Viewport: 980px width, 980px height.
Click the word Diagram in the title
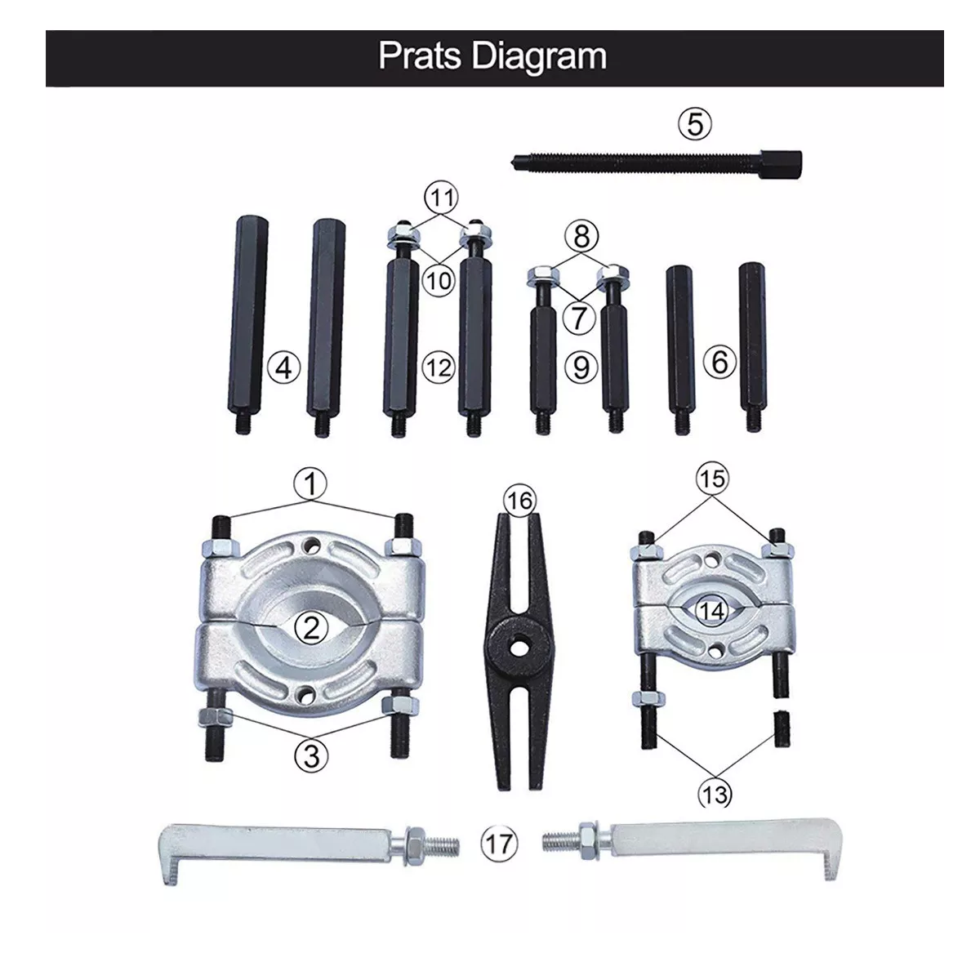pyautogui.click(x=539, y=57)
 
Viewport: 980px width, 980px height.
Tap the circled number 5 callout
pyautogui.click(x=695, y=125)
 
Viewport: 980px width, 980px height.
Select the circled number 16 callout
pyautogui.click(x=519, y=501)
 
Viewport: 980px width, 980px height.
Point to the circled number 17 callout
pyautogui.click(x=499, y=844)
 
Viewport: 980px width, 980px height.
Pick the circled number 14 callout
pyautogui.click(x=712, y=611)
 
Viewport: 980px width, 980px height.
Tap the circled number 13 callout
pyautogui.click(x=715, y=794)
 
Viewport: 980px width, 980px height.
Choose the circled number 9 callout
pyautogui.click(x=581, y=367)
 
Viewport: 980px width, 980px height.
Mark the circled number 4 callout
pyautogui.click(x=283, y=367)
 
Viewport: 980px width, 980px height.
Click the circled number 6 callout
pyautogui.click(x=719, y=362)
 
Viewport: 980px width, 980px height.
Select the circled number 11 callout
pyautogui.click(x=442, y=198)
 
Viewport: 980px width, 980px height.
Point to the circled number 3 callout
pyautogui.click(x=311, y=755)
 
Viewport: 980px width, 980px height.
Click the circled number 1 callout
pyautogui.click(x=310, y=483)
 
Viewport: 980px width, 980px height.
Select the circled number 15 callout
pyautogui.click(x=712, y=478)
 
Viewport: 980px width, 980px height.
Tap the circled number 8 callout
pyautogui.click(x=581, y=237)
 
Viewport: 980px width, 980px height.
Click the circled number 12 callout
pyautogui.click(x=439, y=367)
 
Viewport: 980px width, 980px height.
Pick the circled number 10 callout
pyautogui.click(x=439, y=280)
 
